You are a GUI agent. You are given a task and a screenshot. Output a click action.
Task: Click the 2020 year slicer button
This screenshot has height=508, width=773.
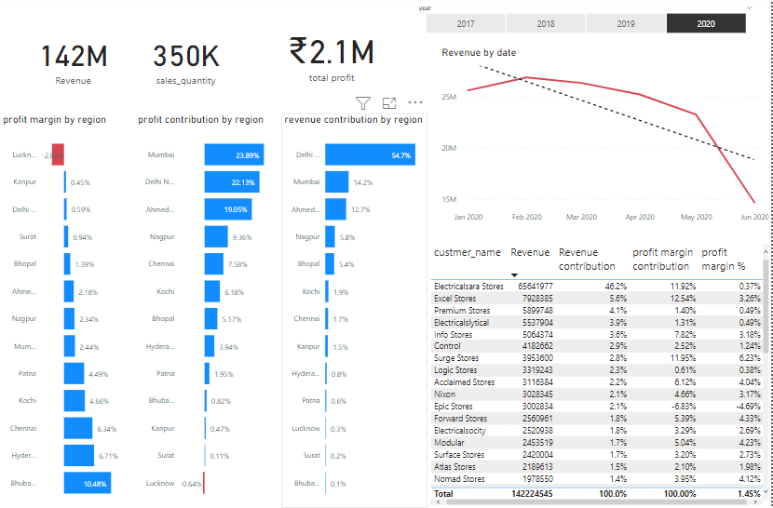tap(706, 23)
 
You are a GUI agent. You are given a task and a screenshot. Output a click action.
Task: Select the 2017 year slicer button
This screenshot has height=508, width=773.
tap(466, 23)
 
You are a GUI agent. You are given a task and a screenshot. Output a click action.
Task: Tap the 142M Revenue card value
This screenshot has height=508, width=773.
tap(74, 57)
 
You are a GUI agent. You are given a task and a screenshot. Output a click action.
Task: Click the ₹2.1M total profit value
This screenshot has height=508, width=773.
tap(332, 50)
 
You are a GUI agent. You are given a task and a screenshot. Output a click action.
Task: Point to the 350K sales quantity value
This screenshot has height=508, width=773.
tap(186, 57)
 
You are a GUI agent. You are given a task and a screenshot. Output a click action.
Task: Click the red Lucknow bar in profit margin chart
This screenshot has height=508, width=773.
tap(58, 155)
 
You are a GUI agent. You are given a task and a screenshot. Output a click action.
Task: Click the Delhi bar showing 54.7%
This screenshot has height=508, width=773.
tap(370, 155)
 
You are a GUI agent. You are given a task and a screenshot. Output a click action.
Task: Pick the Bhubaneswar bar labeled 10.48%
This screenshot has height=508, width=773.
tap(87, 483)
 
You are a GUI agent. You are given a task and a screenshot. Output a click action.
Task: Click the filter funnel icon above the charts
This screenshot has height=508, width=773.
tap(363, 103)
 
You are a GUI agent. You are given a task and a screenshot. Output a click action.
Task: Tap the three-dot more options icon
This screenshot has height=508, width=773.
tap(415, 103)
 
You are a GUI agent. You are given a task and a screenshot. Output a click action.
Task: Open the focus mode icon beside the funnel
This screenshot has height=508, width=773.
tap(389, 103)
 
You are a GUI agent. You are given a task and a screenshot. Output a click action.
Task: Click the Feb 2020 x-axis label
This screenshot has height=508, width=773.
tap(526, 217)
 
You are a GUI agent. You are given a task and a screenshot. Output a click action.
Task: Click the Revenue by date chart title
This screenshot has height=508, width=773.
tap(479, 53)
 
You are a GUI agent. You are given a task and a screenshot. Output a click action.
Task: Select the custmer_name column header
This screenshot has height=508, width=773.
tap(468, 252)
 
